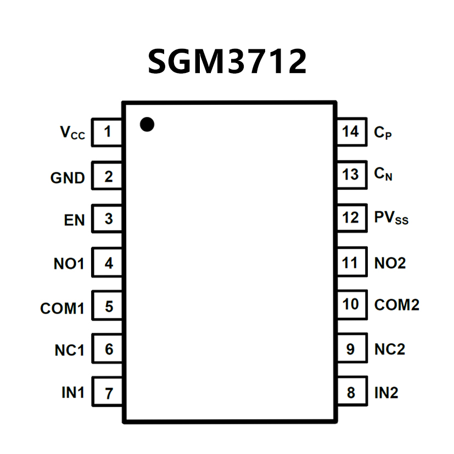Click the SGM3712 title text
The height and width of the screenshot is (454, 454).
click(227, 61)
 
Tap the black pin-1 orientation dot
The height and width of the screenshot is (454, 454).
click(147, 125)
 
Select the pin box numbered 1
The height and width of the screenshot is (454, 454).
click(107, 132)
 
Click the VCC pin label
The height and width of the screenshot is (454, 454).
click(72, 133)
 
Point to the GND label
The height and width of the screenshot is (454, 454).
click(68, 178)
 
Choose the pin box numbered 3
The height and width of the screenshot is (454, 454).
click(107, 219)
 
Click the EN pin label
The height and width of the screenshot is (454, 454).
click(74, 221)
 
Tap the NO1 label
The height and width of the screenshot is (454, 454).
click(69, 264)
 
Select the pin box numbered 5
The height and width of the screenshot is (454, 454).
click(107, 306)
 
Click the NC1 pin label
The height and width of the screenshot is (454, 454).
click(69, 350)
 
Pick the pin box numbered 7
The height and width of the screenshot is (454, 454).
click(107, 393)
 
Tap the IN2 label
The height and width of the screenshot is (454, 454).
click(386, 393)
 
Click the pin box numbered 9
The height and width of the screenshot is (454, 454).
click(351, 349)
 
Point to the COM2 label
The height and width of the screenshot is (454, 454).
click(396, 305)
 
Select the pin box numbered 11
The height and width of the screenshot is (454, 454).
click(351, 262)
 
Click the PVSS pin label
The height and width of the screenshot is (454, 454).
click(391, 218)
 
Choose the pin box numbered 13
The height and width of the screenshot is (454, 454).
click(351, 175)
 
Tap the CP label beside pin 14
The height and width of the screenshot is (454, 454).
click(383, 133)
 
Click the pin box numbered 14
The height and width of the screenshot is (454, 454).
click(351, 132)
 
